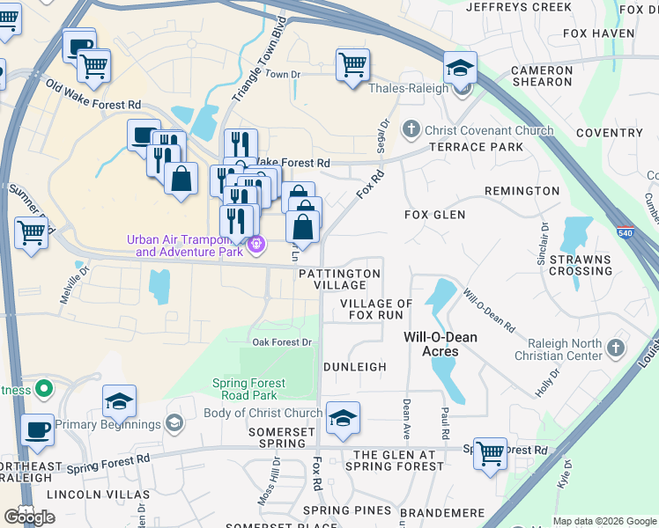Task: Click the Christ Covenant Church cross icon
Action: [x=410, y=130]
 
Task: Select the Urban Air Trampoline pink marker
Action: [x=255, y=245]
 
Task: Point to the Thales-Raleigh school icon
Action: [x=459, y=70]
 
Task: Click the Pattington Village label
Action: [x=339, y=279]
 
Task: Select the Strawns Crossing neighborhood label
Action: [x=581, y=265]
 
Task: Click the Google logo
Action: [x=29, y=517]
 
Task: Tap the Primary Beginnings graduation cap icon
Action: [x=174, y=425]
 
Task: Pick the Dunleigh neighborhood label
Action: [x=355, y=367]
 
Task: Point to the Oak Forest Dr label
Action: [x=282, y=342]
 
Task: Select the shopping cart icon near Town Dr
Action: [x=352, y=64]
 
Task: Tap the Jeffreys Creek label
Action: [x=519, y=7]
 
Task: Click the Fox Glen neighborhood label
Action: [x=434, y=215]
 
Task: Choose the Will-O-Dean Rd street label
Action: [x=489, y=312]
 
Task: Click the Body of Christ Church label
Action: [x=263, y=413]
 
